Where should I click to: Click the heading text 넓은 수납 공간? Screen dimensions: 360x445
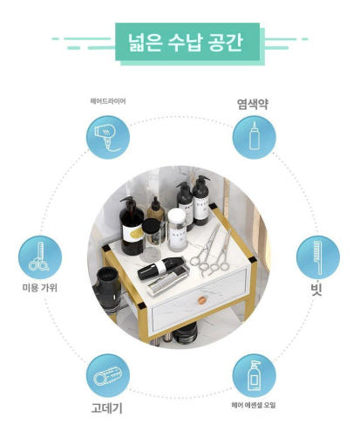[185, 43]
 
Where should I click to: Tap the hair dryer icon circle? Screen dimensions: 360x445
[108, 137]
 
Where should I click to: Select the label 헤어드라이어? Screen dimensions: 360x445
[108, 101]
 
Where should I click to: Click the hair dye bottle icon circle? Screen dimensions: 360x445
[255, 137]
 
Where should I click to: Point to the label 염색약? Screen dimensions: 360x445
[253, 104]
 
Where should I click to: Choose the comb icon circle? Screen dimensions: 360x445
[318, 257]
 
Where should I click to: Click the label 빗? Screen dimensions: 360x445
[316, 289]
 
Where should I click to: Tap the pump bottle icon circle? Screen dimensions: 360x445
[255, 375]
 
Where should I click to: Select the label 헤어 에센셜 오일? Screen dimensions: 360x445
[254, 405]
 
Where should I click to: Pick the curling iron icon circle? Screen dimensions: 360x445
[108, 375]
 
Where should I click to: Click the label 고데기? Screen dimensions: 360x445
[106, 407]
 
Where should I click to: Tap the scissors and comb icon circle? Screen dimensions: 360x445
[40, 257]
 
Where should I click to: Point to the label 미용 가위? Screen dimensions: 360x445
[40, 288]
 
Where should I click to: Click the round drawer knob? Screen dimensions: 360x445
[201, 300]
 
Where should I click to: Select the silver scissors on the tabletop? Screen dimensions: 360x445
[212, 251]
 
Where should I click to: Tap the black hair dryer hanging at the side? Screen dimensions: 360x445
[107, 290]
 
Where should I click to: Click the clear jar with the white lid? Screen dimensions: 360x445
[177, 229]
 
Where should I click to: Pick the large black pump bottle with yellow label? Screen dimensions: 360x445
[132, 226]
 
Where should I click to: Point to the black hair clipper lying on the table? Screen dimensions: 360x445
[160, 268]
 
